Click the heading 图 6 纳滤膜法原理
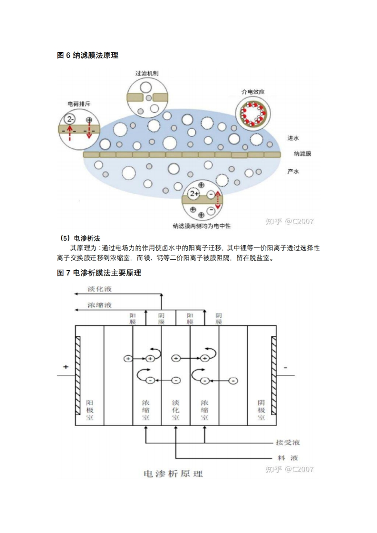[87, 55]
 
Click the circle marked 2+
[194, 194]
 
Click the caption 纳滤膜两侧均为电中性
[202, 226]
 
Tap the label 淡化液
[99, 289]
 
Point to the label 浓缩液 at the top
[99, 305]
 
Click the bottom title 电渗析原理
[173, 474]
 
